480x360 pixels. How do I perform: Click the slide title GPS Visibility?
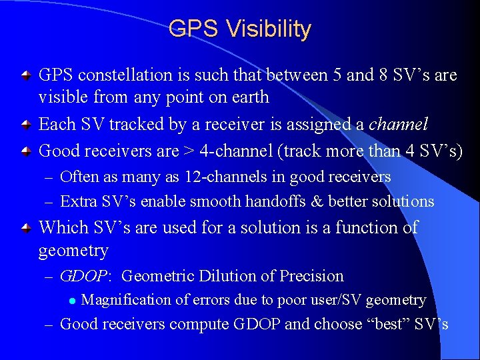point(240,29)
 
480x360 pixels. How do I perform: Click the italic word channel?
point(398,125)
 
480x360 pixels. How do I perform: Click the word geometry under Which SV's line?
point(73,251)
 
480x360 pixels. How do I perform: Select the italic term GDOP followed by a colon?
point(87,276)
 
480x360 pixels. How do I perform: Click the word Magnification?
point(126,300)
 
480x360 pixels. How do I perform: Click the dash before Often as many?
point(49,177)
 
